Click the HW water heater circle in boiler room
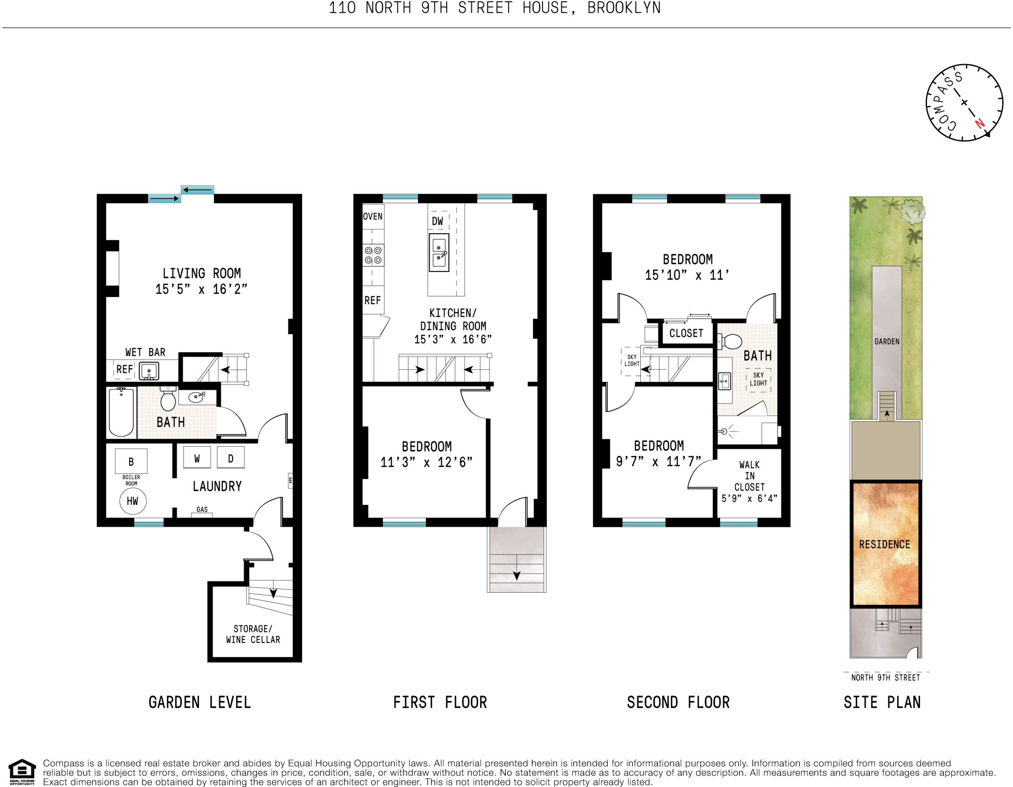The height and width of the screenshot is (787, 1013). tap(133, 501)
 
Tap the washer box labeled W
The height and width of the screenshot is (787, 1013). tap(197, 458)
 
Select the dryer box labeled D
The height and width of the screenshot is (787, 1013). tap(231, 458)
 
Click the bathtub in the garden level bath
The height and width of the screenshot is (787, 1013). tap(121, 412)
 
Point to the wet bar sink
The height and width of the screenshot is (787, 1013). tap(149, 371)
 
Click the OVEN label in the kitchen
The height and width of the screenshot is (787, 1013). tap(373, 216)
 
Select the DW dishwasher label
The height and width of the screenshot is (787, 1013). tap(437, 221)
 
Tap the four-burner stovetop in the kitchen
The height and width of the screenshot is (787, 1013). tap(373, 255)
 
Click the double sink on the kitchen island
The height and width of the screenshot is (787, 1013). tap(439, 253)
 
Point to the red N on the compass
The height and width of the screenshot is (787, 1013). tap(979, 124)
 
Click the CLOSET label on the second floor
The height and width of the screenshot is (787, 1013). tap(686, 333)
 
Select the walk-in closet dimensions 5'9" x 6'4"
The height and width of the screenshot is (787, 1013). tap(749, 499)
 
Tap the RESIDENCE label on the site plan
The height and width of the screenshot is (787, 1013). tap(885, 545)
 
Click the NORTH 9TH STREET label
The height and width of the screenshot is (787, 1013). tap(886, 678)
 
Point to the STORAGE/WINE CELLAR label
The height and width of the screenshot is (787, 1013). tap(253, 634)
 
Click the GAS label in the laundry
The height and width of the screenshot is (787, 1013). tap(202, 509)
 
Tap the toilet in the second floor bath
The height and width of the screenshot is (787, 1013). tap(732, 342)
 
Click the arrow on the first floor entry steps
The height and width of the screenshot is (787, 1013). tap(516, 575)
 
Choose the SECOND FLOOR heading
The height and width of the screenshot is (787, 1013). tap(678, 702)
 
